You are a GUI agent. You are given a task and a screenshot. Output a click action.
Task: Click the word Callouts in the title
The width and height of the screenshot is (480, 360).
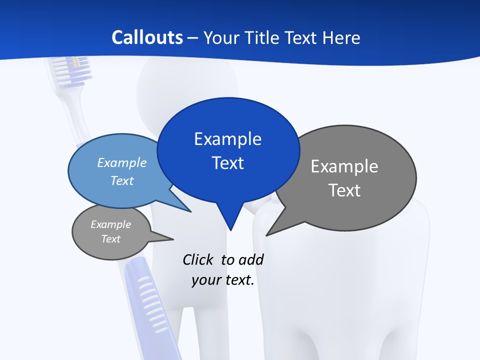pos(147,38)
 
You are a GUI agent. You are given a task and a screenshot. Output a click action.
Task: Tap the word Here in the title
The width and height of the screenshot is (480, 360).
pos(340,38)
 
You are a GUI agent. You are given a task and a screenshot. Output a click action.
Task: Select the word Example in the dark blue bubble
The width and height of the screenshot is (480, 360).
pos(227,139)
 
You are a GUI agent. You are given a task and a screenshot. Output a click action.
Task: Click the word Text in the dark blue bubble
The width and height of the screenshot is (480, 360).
pos(227,163)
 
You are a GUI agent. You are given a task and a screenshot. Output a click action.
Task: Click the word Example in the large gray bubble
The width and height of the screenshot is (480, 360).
pos(344,166)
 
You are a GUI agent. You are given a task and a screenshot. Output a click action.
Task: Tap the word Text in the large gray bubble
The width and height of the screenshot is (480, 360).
pos(344,190)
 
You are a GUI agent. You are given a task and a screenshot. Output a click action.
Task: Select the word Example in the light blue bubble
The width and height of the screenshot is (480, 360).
pos(121,162)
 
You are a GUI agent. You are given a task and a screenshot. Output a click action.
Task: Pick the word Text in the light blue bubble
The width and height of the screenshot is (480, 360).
pos(121,180)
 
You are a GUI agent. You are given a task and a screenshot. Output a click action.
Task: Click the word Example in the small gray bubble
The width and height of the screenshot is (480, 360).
pos(110,224)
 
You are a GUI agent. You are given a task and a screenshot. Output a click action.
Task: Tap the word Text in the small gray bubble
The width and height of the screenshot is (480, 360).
pos(110,239)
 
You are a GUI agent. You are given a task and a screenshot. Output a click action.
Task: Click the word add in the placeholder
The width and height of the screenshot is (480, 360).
pos(251,259)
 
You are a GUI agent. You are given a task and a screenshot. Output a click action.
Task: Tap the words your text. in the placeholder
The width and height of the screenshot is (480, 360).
pos(223,280)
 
